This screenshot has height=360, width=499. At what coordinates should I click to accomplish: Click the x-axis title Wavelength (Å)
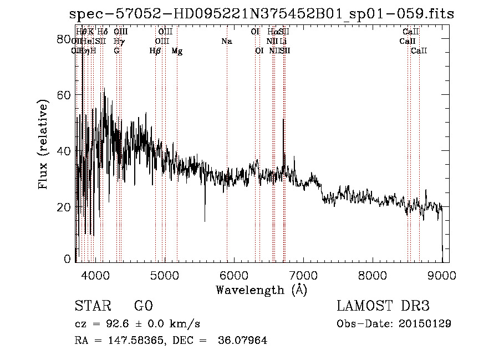[261, 290]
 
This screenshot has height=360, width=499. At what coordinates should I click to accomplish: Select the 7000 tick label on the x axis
[303, 275]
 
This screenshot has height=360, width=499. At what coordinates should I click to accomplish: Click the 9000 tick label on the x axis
[441, 275]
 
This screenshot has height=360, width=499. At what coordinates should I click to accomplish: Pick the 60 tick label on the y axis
[65, 95]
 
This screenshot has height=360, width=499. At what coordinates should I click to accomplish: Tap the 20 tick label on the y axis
[65, 207]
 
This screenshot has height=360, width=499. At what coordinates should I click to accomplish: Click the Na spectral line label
[226, 42]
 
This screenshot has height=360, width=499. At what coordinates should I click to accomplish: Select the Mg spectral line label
[177, 51]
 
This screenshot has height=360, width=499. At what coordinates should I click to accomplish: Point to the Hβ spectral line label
[155, 51]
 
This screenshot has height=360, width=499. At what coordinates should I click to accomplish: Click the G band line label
[116, 51]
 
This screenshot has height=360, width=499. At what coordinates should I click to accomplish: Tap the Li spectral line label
[283, 42]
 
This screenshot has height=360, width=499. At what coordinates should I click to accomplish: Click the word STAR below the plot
[92, 307]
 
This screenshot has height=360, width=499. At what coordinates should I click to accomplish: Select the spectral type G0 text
[143, 307]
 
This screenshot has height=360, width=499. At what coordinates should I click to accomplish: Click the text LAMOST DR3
[383, 307]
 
